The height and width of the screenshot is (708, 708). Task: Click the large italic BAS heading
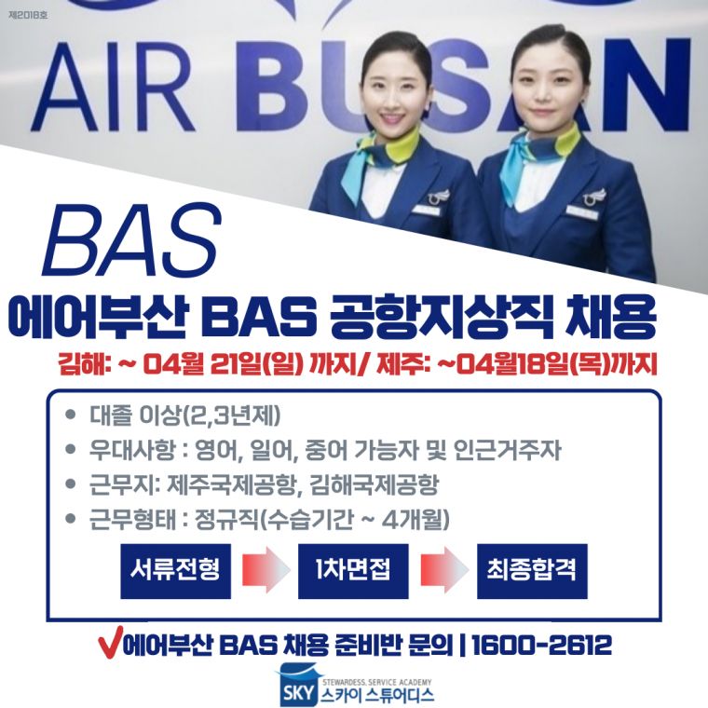132,240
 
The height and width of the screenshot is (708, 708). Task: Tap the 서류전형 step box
176,571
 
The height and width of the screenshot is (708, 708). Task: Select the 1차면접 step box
353,571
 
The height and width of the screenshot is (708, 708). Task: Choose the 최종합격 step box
532,571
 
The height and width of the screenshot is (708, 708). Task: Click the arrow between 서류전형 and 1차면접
265,570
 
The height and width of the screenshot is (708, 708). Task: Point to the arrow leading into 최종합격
443,570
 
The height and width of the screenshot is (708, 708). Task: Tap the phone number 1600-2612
541,645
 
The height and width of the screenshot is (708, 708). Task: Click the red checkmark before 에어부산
110,645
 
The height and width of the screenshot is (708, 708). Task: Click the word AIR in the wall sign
113,88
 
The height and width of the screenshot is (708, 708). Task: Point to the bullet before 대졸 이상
70,415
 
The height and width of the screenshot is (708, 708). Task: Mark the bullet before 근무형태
70,518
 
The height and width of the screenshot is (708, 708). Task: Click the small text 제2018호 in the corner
28,15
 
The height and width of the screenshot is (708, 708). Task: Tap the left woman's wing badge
439,196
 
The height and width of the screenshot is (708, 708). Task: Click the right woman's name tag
581,211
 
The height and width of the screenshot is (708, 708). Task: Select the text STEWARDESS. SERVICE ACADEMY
377,682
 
